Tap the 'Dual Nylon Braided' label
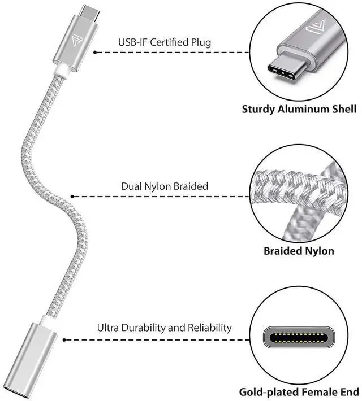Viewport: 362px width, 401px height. coord(165,186)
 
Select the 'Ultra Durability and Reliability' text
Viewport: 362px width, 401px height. coord(165,328)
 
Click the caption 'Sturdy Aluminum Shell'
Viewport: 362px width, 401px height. coord(299,109)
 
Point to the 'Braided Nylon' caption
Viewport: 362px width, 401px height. coord(299,251)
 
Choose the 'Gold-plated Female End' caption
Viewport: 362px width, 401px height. coord(299,391)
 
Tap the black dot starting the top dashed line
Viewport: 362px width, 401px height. coord(95,52)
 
